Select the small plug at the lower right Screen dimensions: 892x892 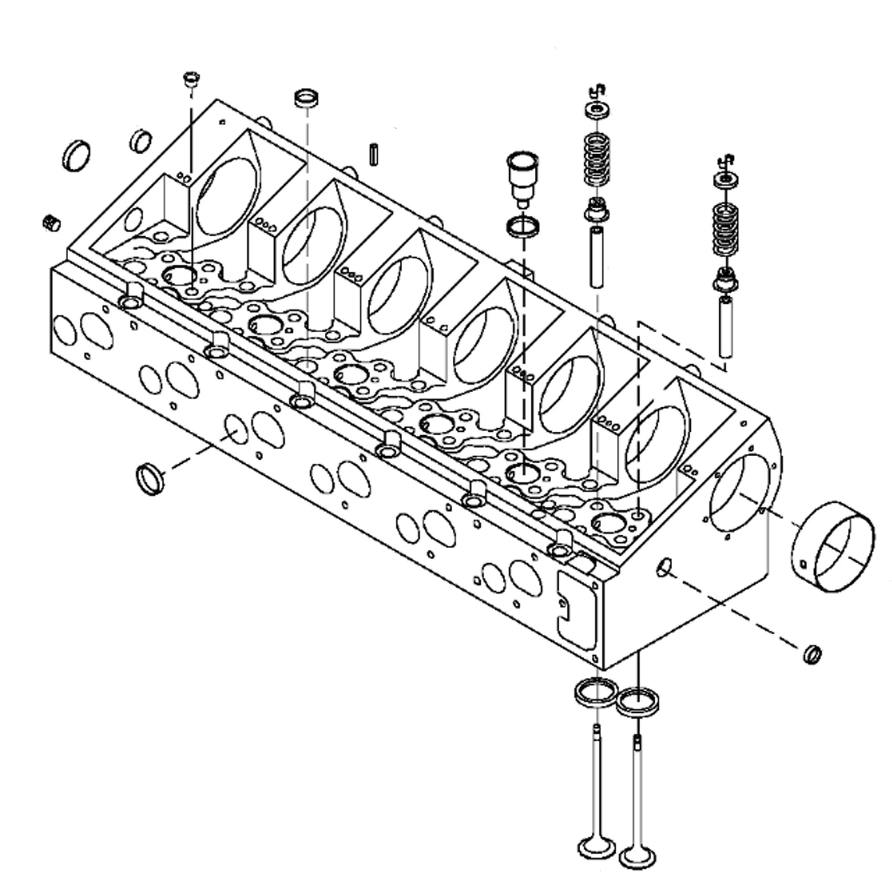point(812,654)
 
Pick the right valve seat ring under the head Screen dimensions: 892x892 point(638,703)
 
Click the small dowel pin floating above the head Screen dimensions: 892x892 point(373,156)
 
